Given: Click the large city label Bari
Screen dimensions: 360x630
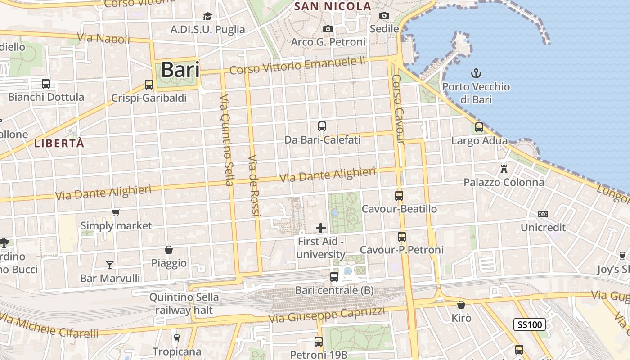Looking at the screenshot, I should click(180, 70).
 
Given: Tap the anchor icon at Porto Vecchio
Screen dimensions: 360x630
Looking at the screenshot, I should click(476, 73).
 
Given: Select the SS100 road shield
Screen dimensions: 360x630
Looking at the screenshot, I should click(530, 324).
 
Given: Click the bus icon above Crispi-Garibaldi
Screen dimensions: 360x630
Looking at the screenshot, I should click(149, 84).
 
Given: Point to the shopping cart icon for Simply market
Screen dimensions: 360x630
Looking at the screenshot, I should click(116, 212).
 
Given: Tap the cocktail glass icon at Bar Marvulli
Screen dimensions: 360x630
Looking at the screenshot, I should click(110, 265).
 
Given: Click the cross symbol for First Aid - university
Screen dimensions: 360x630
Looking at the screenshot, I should click(321, 228).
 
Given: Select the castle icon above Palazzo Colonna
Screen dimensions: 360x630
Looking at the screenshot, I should click(504, 169).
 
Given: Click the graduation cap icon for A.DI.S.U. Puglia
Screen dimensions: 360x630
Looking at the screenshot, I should click(207, 17).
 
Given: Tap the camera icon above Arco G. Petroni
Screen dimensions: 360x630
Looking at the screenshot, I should click(328, 29).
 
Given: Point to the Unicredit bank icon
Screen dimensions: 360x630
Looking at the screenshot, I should click(543, 214).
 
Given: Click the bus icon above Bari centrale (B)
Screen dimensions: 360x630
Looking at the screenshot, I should click(334, 276).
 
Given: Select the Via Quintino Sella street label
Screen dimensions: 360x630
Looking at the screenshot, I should click(226, 140).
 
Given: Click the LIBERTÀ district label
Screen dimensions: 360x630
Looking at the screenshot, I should click(59, 144).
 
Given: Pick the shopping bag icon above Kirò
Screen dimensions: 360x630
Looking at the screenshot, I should click(461, 305).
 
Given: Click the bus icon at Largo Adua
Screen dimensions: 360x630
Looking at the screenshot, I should click(479, 127).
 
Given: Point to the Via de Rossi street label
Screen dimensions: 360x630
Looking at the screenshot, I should click(254, 186).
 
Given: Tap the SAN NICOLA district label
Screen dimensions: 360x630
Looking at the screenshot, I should click(333, 6).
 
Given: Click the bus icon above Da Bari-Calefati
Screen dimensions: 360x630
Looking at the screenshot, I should click(322, 126).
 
